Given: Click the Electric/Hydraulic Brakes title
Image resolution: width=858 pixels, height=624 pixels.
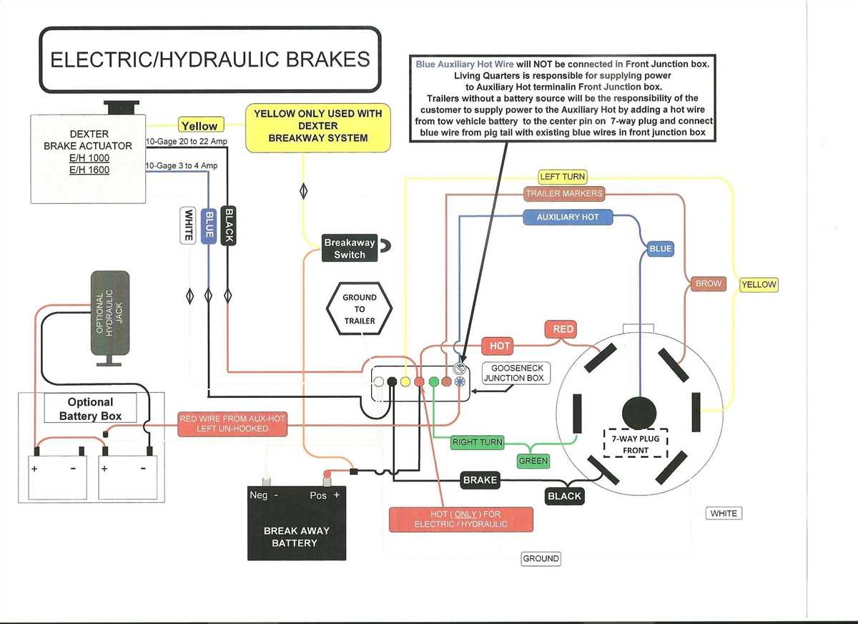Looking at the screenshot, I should click(x=209, y=59).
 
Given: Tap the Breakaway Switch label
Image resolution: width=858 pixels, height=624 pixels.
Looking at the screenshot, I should click(x=350, y=248).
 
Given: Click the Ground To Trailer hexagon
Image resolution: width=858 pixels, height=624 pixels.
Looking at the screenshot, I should click(x=359, y=308).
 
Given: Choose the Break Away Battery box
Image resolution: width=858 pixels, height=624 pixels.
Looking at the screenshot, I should click(x=296, y=522).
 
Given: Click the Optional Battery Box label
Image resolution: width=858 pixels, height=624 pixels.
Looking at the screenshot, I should click(x=90, y=409).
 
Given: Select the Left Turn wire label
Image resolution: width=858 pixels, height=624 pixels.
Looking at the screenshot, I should click(x=563, y=177).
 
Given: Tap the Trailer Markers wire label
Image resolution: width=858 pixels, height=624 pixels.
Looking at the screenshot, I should click(x=564, y=193).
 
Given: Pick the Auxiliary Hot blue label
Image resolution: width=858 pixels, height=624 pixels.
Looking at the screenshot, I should click(x=567, y=217).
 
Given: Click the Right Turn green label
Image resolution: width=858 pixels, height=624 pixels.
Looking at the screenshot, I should click(x=477, y=442).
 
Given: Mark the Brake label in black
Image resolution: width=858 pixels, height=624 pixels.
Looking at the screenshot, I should click(x=480, y=480).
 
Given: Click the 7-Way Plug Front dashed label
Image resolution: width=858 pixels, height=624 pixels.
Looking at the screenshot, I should click(x=636, y=444).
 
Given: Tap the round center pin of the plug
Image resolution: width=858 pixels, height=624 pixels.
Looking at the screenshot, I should click(x=638, y=413).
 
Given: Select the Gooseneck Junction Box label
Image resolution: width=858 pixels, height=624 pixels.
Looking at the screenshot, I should click(x=516, y=373).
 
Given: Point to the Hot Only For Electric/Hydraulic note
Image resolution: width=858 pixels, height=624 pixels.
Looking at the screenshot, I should click(x=460, y=519).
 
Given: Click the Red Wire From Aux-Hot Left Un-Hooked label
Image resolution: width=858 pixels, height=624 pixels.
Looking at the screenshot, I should click(x=232, y=424).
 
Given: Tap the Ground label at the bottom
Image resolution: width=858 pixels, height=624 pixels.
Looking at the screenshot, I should click(x=541, y=559).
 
